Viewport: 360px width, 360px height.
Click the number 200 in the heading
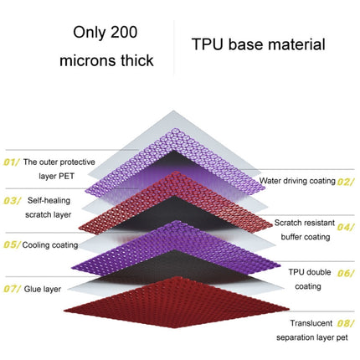(x=124, y=32)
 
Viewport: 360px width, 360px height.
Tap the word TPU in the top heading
(x=208, y=44)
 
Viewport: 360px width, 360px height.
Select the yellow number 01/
(x=12, y=162)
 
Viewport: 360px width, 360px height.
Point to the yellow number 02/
(x=345, y=182)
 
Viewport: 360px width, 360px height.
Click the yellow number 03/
(x=12, y=201)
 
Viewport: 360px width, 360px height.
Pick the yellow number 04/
(x=345, y=227)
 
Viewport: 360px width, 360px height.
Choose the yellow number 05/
(x=12, y=244)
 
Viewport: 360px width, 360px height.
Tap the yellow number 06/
(x=345, y=273)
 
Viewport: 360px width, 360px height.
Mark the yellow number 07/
(x=12, y=289)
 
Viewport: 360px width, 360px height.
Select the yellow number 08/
(x=345, y=323)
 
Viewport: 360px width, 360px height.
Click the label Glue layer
(x=43, y=289)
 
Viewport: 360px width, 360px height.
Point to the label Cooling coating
(x=50, y=245)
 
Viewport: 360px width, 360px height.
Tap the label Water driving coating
(x=297, y=181)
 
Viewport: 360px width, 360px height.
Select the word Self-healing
(x=49, y=200)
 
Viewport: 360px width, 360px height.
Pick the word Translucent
(x=311, y=323)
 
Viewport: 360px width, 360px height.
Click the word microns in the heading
(x=86, y=60)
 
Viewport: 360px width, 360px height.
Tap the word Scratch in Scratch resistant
(x=287, y=223)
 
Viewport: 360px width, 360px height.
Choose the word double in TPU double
(x=318, y=272)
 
